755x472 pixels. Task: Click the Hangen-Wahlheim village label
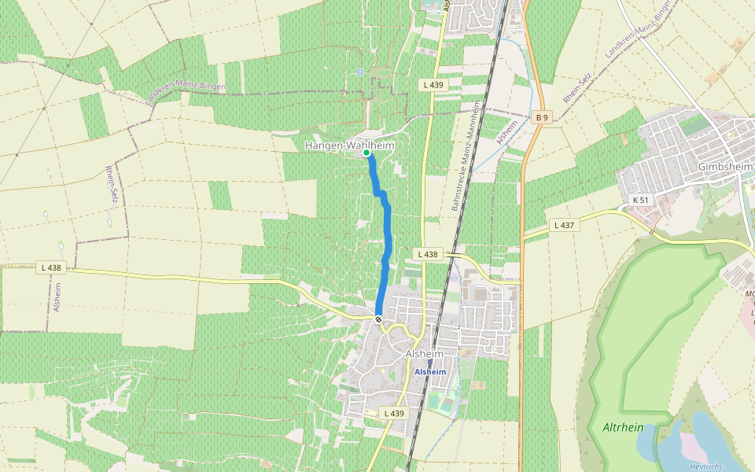(348, 146)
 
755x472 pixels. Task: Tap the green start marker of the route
(366, 153)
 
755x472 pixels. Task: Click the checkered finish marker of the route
(378, 319)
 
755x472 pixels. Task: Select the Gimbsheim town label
(725, 167)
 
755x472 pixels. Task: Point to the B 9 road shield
(541, 117)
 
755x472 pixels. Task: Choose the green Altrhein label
(623, 427)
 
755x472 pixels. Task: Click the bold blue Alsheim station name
(430, 371)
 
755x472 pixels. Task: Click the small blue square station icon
(429, 363)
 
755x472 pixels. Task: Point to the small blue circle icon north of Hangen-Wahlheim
(360, 72)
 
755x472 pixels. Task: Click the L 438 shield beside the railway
(427, 253)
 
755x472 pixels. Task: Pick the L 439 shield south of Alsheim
(394, 413)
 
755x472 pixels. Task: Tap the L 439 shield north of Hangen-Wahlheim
(433, 84)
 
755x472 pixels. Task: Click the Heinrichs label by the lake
(705, 466)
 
